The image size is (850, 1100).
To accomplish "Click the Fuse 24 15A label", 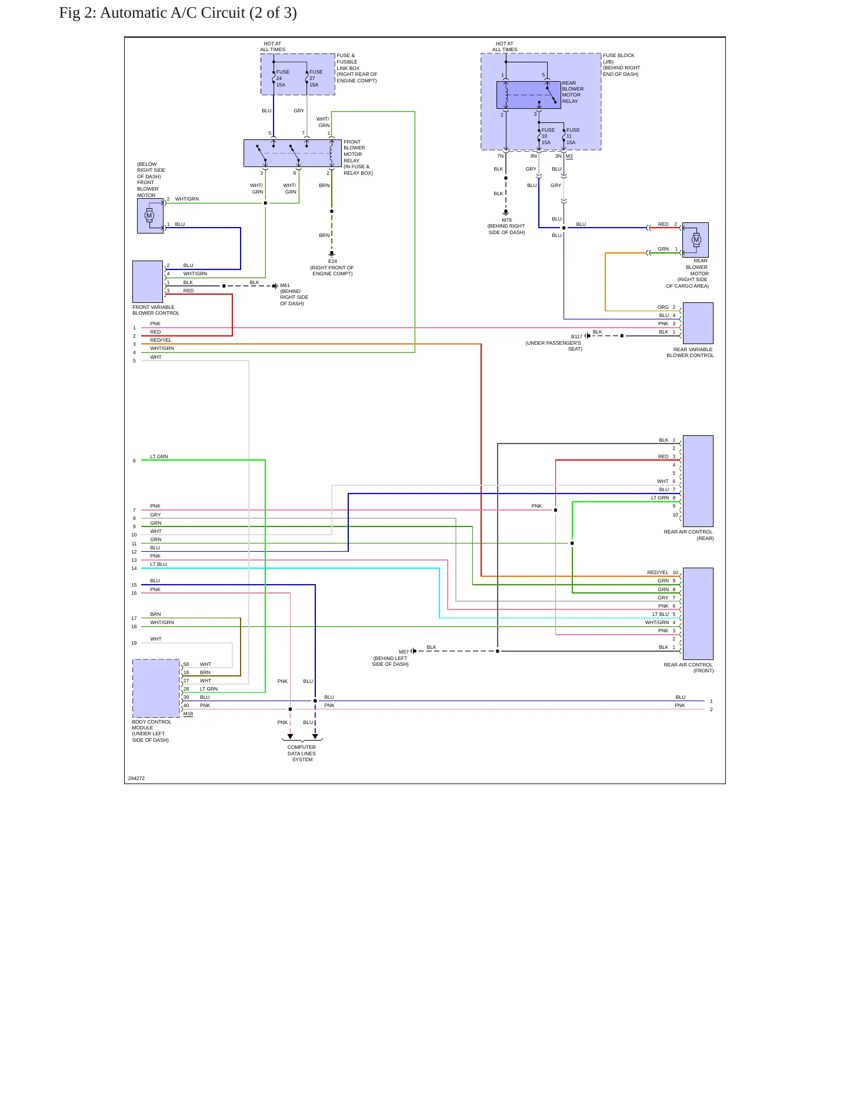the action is click(282, 78).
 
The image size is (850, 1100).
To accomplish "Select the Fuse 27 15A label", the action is click(316, 78).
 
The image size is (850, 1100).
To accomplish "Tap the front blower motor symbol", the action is click(150, 216).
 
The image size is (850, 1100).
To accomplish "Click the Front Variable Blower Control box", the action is click(148, 282).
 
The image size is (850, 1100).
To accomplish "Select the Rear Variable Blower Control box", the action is click(698, 323).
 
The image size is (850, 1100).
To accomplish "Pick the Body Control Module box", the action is click(156, 688).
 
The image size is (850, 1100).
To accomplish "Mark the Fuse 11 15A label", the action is click(572, 136).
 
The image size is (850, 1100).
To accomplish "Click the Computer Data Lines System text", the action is click(302, 754).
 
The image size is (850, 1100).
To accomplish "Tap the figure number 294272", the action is click(136, 778).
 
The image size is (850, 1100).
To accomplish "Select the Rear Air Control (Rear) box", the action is click(698, 481).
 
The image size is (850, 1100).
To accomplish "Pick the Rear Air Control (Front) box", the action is click(698, 614).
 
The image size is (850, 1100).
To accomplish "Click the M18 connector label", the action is click(188, 714).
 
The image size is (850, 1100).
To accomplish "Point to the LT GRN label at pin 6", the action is click(159, 456).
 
